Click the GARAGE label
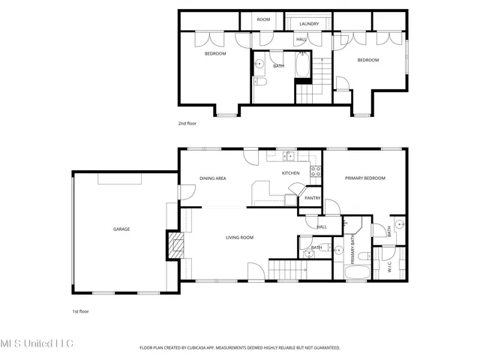121,229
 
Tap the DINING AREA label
213,178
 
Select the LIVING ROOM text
240,238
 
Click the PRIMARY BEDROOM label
364,178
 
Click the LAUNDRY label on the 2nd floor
309,24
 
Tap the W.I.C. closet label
388,265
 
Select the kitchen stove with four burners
316,171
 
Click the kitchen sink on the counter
287,156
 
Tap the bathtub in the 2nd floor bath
302,66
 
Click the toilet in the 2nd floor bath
259,82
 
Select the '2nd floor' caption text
187,123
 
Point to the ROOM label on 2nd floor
263,19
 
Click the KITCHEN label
290,173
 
